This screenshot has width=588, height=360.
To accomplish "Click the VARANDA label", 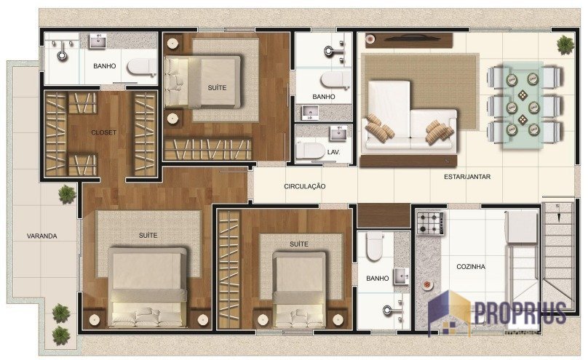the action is [x=42, y=236].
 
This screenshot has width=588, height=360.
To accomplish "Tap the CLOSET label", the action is [x=103, y=132].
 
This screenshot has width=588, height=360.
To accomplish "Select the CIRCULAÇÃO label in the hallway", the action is [x=304, y=186].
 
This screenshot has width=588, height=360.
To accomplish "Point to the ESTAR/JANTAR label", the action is [x=467, y=177].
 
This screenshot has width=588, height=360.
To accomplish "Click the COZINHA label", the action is [x=471, y=267].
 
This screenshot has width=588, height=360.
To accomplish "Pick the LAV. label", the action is [x=333, y=153].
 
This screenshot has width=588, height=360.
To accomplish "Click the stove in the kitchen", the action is [x=431, y=223].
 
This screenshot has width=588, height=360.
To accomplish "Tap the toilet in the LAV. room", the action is [x=310, y=151].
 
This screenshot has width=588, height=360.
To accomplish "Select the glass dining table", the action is [x=523, y=105].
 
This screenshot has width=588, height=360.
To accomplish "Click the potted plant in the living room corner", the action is [x=565, y=45].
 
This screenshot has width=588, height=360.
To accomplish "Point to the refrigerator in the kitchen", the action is [x=522, y=227].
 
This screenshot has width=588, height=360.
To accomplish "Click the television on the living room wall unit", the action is [x=409, y=38].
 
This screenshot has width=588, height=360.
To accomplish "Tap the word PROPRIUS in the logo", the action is [x=520, y=313].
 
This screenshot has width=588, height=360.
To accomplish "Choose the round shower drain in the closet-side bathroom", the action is [x=63, y=57].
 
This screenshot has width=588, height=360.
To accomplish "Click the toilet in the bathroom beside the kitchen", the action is [x=375, y=247].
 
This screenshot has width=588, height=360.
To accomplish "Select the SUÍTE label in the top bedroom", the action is [x=217, y=88].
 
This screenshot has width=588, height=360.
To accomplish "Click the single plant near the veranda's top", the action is [x=67, y=194].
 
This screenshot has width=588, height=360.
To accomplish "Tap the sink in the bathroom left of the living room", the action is [x=310, y=113].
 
